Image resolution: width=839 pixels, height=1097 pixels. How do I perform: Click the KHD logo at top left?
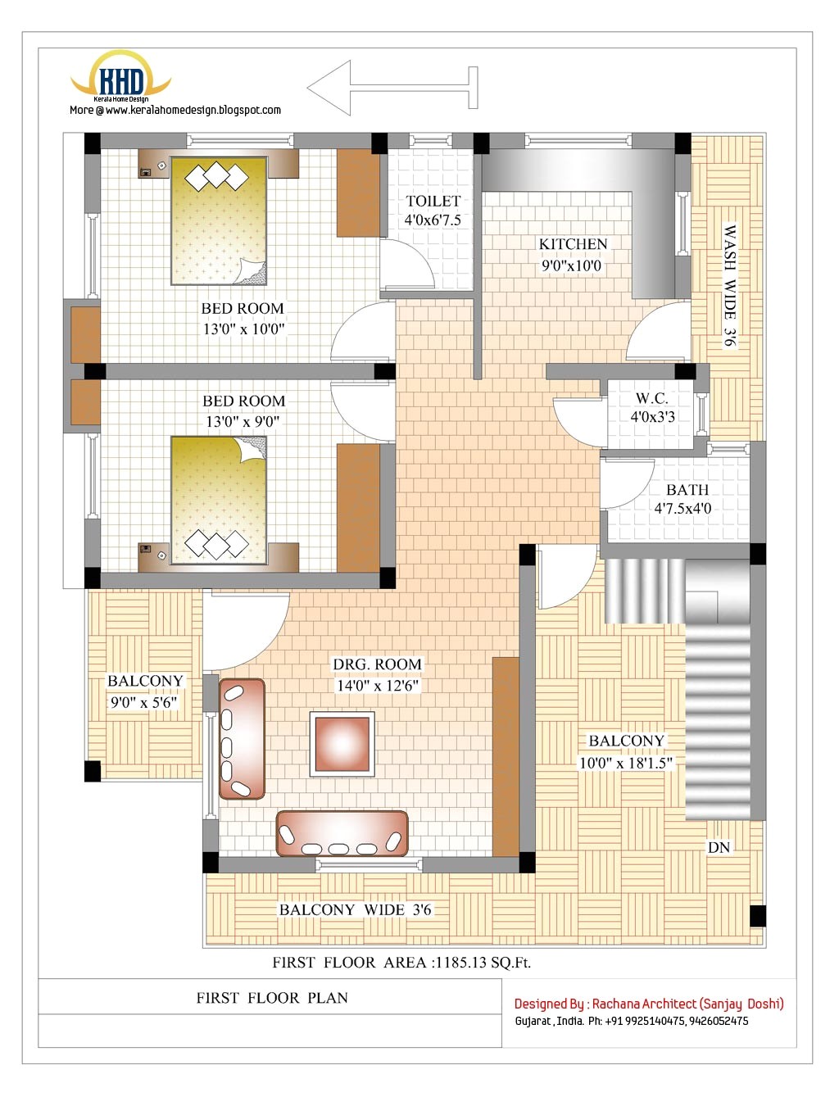click(121, 80)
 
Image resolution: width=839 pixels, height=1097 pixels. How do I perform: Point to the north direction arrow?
click(392, 88)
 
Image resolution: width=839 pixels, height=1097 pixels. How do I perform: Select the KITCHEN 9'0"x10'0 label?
click(573, 255)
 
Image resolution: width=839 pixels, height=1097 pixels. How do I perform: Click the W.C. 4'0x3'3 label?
click(652, 407)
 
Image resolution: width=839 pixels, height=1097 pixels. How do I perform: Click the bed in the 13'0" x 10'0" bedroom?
click(218, 220)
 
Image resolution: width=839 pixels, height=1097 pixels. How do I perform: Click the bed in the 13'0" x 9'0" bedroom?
click(218, 500)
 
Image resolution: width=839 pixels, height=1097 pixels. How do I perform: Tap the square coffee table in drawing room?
click(342, 744)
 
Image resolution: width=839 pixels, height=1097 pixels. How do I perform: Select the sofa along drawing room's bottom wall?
click(342, 833)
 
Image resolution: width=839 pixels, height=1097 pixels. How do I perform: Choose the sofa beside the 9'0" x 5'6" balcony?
click(242, 738)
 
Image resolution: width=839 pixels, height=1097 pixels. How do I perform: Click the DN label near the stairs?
click(719, 847)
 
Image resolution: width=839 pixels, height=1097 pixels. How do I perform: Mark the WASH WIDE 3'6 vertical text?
click(729, 285)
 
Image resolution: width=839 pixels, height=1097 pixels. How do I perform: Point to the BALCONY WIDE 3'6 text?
click(355, 909)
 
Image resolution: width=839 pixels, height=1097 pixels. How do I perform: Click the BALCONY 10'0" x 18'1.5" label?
click(626, 751)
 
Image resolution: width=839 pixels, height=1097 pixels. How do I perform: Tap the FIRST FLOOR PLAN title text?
click(272, 998)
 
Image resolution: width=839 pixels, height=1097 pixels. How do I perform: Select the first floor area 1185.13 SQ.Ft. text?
click(401, 963)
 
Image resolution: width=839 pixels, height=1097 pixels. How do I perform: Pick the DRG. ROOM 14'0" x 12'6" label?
click(377, 674)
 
